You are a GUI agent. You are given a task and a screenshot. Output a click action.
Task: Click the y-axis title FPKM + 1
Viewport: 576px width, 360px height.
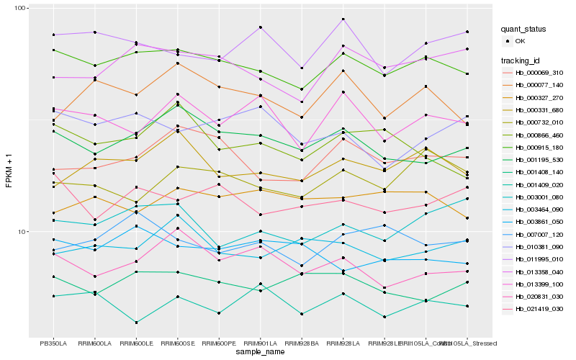click(9, 172)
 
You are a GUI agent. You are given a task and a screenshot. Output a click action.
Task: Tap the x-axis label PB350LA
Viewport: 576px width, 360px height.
click(53, 343)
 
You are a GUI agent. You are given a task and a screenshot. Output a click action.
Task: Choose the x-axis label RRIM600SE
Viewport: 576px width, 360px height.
click(177, 343)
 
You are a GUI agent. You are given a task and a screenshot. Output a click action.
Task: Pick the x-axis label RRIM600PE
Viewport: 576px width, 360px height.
click(219, 343)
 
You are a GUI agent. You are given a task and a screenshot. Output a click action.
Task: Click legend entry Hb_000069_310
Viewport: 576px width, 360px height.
click(537, 73)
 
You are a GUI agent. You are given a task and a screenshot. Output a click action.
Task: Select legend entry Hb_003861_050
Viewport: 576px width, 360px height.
click(537, 222)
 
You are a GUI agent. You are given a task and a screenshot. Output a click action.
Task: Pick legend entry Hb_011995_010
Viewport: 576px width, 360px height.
click(537, 259)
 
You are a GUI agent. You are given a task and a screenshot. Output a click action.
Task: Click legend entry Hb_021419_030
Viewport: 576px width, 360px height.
click(537, 308)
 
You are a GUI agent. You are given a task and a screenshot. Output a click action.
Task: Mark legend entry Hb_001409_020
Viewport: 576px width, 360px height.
click(537, 186)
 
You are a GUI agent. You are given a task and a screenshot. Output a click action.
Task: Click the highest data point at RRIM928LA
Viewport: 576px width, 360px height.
click(343, 19)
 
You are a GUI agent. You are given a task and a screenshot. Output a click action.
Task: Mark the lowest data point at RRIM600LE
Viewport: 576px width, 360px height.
click(136, 322)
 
